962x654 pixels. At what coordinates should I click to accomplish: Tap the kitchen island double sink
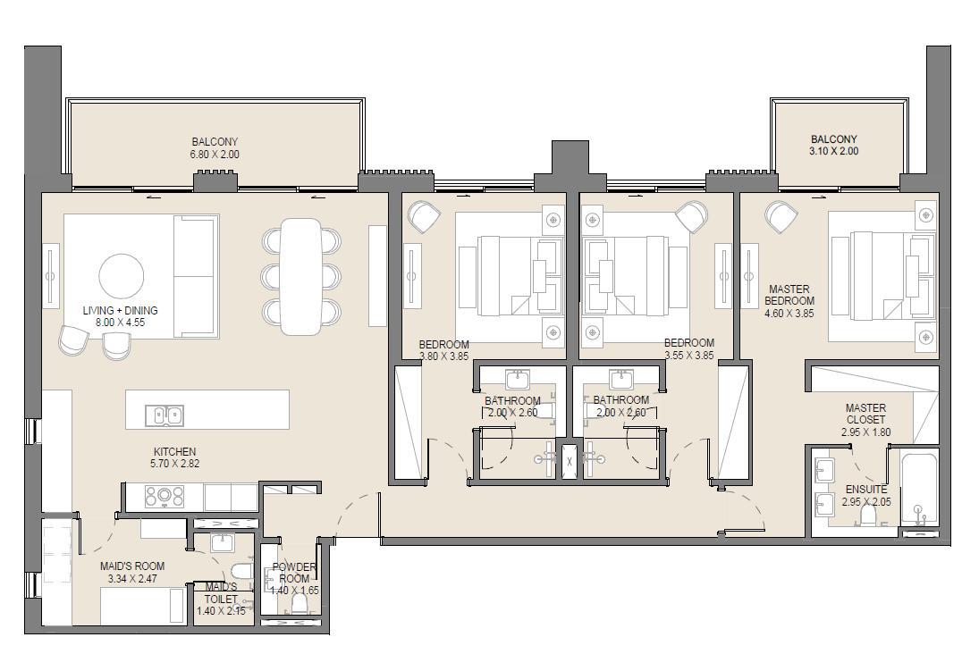tap(165, 415)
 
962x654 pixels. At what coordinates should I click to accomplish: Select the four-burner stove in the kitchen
tap(165, 497)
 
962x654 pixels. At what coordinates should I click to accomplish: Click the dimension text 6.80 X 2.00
tap(215, 155)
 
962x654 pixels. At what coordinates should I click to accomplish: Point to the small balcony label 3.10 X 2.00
tap(834, 151)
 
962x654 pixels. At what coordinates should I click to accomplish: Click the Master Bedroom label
tap(789, 295)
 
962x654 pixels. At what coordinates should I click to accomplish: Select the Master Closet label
tap(865, 414)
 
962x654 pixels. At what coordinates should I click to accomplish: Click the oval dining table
tap(300, 276)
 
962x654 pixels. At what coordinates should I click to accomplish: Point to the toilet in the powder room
tap(300, 604)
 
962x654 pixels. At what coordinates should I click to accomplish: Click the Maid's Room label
tap(132, 566)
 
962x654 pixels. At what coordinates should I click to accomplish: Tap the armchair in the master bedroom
tap(781, 217)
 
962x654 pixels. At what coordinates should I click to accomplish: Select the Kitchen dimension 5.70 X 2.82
tap(175, 464)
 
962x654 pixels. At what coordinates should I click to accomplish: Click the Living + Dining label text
tap(120, 310)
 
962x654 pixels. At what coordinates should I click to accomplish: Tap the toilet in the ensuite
tap(867, 516)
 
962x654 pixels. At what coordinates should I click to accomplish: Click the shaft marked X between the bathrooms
tap(570, 461)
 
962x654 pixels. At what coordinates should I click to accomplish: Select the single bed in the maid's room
tap(143, 606)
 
